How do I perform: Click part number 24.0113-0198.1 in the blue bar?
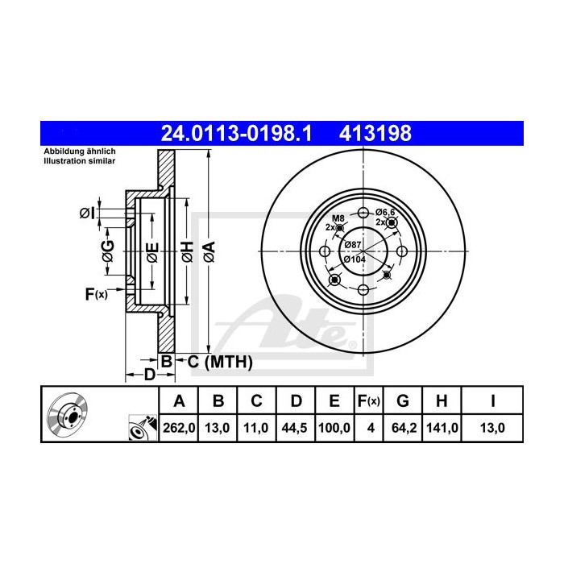pyautogui.click(x=236, y=134)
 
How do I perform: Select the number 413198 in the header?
pyautogui.click(x=375, y=134)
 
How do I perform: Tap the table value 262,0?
pyautogui.click(x=179, y=428)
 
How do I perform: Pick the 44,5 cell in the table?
pyautogui.click(x=295, y=428)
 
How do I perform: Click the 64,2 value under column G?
pyautogui.click(x=404, y=428)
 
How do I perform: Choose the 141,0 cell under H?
pyautogui.click(x=442, y=428)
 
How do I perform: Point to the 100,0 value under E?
pyautogui.click(x=334, y=428)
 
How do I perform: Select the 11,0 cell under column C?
pyautogui.click(x=256, y=428)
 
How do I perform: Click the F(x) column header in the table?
pyautogui.click(x=369, y=400)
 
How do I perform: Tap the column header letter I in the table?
pyautogui.click(x=493, y=400)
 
